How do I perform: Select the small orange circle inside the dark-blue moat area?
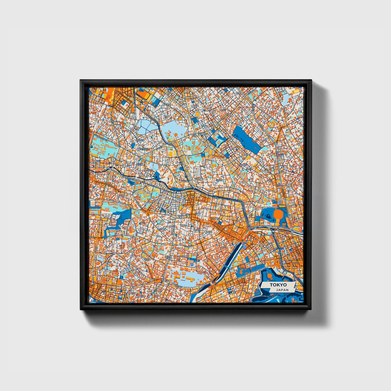[270, 275]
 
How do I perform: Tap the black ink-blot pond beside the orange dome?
[268, 216]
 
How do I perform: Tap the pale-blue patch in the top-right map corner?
[285, 100]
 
